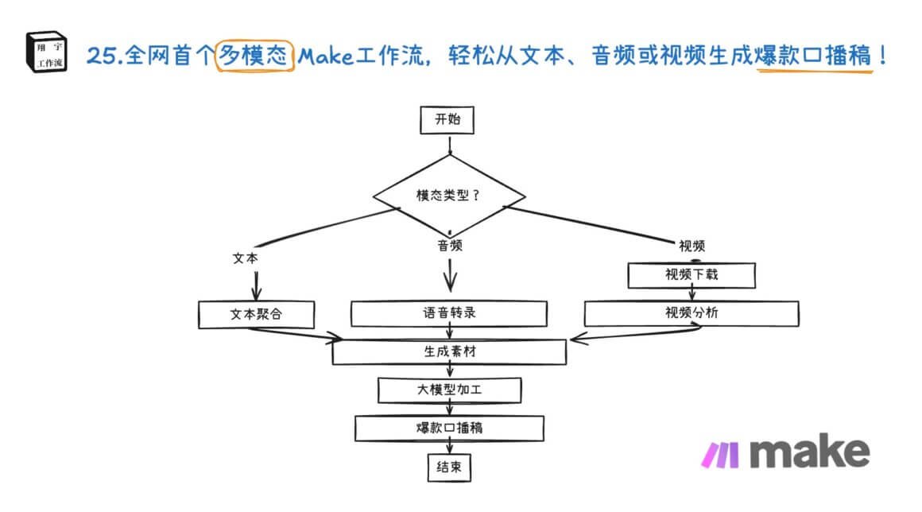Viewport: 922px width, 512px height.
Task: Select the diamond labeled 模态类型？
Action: pyautogui.click(x=451, y=195)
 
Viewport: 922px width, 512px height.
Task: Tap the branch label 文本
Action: pyautogui.click(x=245, y=259)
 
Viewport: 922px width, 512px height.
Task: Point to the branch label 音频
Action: pyautogui.click(x=450, y=246)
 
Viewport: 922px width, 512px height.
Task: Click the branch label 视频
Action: pyautogui.click(x=691, y=246)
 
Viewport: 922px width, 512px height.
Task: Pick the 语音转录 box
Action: pyautogui.click(x=449, y=313)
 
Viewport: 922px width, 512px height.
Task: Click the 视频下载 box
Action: pyautogui.click(x=691, y=275)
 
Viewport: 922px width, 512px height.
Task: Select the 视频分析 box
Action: pyautogui.click(x=691, y=313)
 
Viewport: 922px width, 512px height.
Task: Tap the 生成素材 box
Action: pyautogui.click(x=449, y=351)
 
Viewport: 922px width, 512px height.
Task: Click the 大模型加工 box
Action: pyautogui.click(x=449, y=390)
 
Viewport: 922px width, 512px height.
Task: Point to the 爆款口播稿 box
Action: pyautogui.click(x=449, y=428)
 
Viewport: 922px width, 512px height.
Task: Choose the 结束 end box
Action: pyautogui.click(x=449, y=467)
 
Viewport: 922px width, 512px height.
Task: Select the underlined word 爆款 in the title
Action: pyautogui.click(x=784, y=56)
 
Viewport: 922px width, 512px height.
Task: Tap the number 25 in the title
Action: pyautogui.click(x=102, y=57)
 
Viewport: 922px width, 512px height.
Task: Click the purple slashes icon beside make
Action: pyautogui.click(x=720, y=454)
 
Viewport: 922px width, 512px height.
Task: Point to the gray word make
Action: pyautogui.click(x=809, y=452)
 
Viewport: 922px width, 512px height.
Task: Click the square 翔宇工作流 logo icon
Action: pyautogui.click(x=46, y=52)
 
